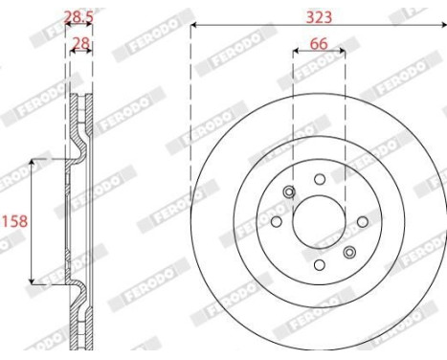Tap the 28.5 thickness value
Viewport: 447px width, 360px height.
pyautogui.click(x=78, y=16)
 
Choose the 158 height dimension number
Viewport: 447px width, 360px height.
pyautogui.click(x=13, y=220)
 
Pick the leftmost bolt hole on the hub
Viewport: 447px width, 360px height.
pyautogui.click(x=277, y=222)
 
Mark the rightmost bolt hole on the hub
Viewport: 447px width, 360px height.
pyautogui.click(x=363, y=222)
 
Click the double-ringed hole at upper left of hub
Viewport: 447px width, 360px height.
pyautogui.click(x=288, y=194)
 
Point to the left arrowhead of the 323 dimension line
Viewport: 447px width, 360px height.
pyautogui.click(x=194, y=26)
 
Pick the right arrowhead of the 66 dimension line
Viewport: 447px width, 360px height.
pyautogui.click(x=345, y=55)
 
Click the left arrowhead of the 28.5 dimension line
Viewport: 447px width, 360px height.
pyautogui.click(x=67, y=27)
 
